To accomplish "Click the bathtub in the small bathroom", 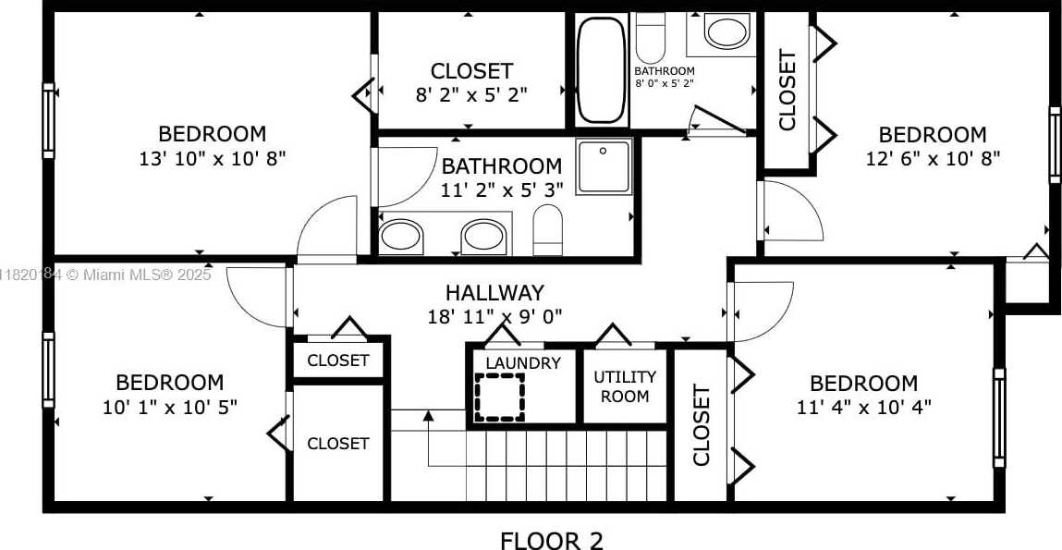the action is click(x=602, y=69).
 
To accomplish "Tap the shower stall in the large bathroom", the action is click(x=604, y=166).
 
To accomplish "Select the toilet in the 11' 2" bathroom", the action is click(x=548, y=229).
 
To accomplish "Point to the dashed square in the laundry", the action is click(x=500, y=397).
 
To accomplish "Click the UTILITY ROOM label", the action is click(x=625, y=386).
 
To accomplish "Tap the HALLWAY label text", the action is click(x=494, y=293).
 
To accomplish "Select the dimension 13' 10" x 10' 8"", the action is click(x=213, y=158).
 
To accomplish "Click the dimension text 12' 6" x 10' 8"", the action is click(x=934, y=158).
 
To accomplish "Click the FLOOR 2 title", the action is click(x=551, y=540).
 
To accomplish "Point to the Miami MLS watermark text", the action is click(x=105, y=275).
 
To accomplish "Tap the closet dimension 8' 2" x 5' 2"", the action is click(x=471, y=94).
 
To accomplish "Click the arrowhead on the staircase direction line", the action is click(x=428, y=414).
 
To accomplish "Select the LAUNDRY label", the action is click(x=523, y=363).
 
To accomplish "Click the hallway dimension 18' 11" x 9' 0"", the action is click(x=495, y=316).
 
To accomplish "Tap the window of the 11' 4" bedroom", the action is click(x=999, y=418).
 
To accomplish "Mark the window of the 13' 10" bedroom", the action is click(x=48, y=121).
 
